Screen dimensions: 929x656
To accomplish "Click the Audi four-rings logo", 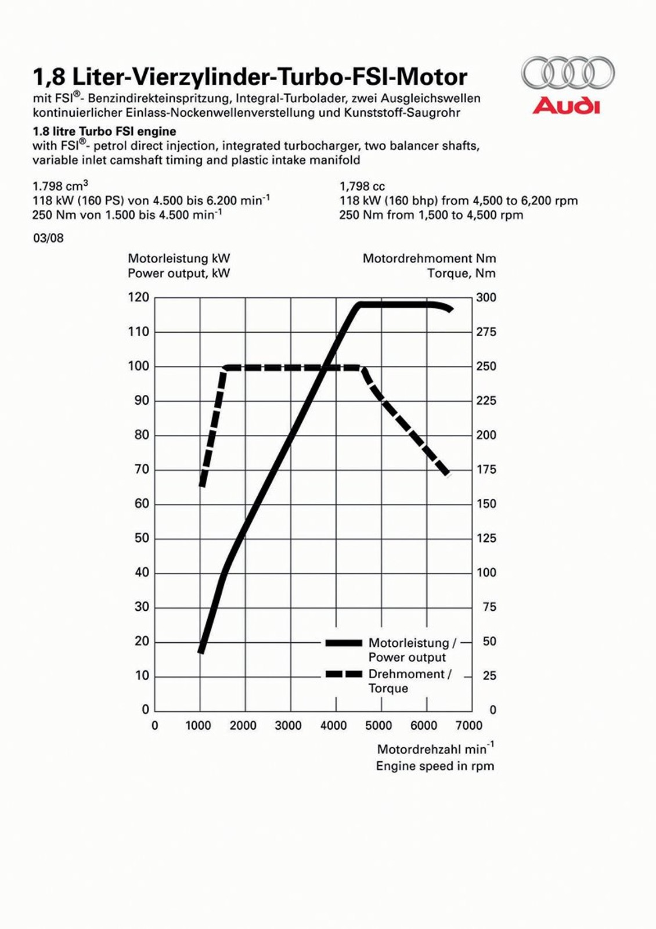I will pyautogui.click(x=567, y=73).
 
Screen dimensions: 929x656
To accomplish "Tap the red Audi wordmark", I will pyautogui.click(x=566, y=106).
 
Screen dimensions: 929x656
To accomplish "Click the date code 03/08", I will pyautogui.click(x=48, y=238).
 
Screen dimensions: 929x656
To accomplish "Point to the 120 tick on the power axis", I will pyautogui.click(x=139, y=297).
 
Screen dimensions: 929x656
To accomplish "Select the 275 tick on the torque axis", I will pyautogui.click(x=486, y=332).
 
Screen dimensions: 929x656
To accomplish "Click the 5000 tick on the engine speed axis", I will pyautogui.click(x=379, y=725).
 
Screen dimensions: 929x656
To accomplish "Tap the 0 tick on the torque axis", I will pyautogui.click(x=492, y=710).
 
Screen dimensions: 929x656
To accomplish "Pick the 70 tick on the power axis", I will pyautogui.click(x=142, y=469).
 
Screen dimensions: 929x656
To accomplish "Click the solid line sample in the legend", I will pyautogui.click(x=344, y=643).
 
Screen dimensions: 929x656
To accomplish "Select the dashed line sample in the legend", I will pyautogui.click(x=344, y=674).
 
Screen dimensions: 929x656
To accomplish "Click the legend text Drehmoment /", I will pyautogui.click(x=410, y=674).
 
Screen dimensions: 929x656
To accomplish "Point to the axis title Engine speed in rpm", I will pyautogui.click(x=435, y=766).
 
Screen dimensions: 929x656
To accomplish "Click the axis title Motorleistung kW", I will pyautogui.click(x=179, y=258).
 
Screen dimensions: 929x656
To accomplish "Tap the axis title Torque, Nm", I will pyautogui.click(x=462, y=273).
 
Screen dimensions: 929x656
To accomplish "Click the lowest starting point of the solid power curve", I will pyautogui.click(x=201, y=651).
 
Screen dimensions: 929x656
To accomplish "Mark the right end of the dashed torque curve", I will pyautogui.click(x=447, y=474).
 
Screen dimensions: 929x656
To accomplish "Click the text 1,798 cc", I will pyautogui.click(x=362, y=186).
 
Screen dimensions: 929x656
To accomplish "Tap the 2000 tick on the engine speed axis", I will pyautogui.click(x=243, y=725).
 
